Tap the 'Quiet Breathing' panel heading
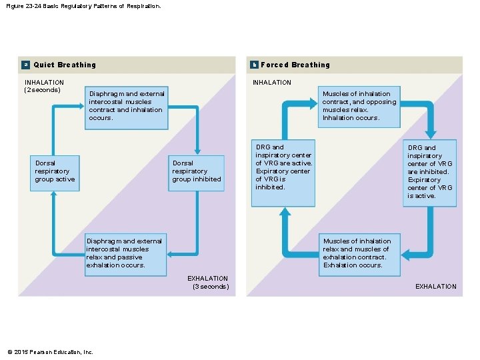(x=65, y=65)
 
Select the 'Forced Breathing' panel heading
(x=295, y=65)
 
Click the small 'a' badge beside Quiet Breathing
(x=25, y=65)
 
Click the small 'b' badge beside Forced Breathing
(x=254, y=65)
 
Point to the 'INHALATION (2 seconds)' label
(x=44, y=86)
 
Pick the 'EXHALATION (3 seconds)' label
(x=209, y=282)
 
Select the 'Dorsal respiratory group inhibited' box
(x=196, y=171)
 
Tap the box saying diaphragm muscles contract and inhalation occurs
(x=126, y=106)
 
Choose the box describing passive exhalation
(x=125, y=253)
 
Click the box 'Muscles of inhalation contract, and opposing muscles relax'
(x=359, y=106)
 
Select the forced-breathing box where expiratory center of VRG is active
(x=430, y=172)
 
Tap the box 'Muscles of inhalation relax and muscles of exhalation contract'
(x=359, y=253)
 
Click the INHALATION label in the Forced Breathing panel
(x=271, y=83)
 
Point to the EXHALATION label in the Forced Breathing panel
(x=436, y=287)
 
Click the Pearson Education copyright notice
(x=50, y=352)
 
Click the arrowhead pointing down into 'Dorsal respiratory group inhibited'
(x=197, y=150)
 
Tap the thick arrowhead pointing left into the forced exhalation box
(x=407, y=255)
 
